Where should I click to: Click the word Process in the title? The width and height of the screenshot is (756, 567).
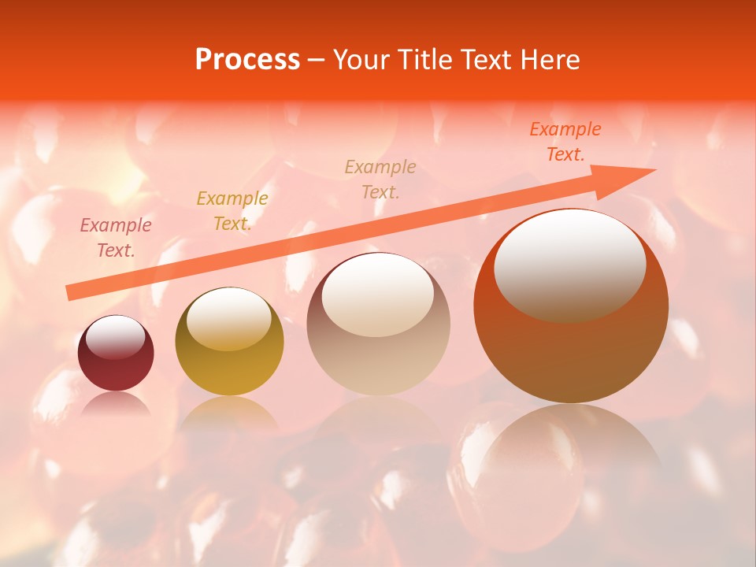point(247,60)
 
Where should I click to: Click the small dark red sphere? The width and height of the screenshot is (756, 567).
point(116,354)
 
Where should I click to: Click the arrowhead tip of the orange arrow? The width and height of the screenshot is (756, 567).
point(654,170)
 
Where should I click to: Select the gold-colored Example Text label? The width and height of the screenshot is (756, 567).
point(232,211)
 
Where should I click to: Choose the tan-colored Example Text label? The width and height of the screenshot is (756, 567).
point(380,179)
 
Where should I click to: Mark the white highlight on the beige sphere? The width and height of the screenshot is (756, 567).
point(378,295)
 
